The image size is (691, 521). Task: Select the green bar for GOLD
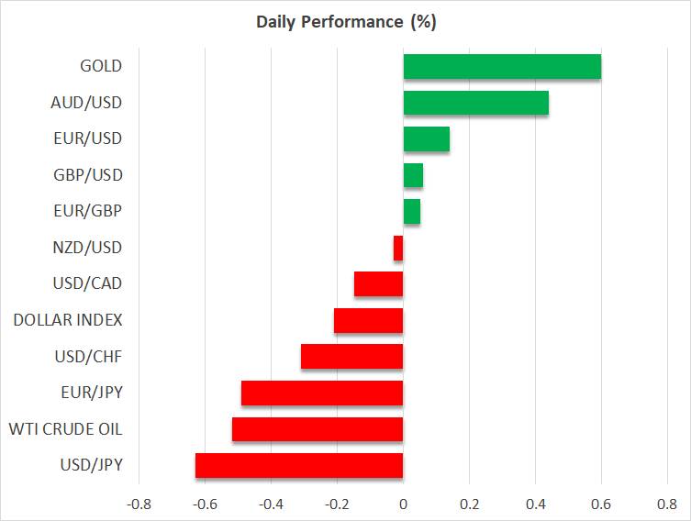tap(502, 67)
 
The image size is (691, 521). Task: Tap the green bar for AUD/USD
tap(475, 103)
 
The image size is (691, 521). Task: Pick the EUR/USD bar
tap(426, 139)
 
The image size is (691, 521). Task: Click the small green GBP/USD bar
tap(413, 175)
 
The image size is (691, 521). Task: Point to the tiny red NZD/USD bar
tap(398, 248)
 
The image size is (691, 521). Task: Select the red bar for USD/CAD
tap(378, 284)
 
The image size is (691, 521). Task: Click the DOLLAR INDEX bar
tap(368, 320)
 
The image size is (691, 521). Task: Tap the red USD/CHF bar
tap(351, 356)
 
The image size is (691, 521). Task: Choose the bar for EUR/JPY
tap(322, 393)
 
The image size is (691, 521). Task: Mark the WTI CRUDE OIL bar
tap(318, 429)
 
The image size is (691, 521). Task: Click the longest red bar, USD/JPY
tap(299, 465)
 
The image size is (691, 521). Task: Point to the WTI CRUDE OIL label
tap(65, 429)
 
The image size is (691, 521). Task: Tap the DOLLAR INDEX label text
tap(68, 320)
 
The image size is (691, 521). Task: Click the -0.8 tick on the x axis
tap(139, 504)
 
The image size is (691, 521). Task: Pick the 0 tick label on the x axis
tap(403, 504)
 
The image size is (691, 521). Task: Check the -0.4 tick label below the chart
tap(271, 504)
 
